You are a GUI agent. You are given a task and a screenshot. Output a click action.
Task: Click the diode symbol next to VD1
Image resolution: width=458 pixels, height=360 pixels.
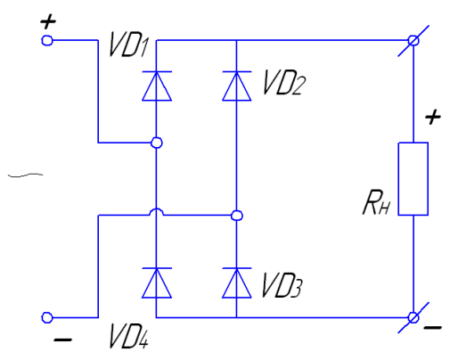157,86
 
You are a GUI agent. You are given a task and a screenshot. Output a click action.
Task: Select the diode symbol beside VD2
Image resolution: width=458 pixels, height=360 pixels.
237,86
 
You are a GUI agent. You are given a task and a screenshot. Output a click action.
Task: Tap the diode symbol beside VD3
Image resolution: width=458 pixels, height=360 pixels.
237,282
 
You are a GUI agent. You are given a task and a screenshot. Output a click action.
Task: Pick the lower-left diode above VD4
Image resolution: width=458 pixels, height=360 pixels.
157,282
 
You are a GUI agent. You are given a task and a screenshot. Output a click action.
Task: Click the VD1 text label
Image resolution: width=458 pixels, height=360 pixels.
128,45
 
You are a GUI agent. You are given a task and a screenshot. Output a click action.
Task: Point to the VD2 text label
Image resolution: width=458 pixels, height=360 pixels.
284,82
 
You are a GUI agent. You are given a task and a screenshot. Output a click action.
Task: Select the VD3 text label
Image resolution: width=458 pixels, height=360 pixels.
282,284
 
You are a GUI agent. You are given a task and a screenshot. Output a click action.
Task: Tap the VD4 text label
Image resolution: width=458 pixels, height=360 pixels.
128,336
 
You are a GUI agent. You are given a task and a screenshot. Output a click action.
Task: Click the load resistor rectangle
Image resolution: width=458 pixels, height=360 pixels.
413,178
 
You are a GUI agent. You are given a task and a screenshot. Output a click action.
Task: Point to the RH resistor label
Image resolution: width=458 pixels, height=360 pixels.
376,202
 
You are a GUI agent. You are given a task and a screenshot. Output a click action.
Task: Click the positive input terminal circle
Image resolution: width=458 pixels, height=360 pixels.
47,40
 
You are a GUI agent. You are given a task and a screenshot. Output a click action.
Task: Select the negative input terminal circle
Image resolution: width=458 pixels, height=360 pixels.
47,317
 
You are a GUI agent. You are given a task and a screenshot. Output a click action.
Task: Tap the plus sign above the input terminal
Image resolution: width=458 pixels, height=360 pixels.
48,22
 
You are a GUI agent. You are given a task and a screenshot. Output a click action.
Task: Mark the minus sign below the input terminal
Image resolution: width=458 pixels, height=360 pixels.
62,340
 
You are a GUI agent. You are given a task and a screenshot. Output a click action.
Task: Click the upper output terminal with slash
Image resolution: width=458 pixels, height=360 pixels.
413,40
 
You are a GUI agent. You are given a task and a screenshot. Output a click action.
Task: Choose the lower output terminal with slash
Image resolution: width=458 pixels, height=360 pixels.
413,317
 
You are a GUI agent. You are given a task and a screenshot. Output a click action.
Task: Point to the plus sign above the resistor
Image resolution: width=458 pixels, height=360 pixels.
433,117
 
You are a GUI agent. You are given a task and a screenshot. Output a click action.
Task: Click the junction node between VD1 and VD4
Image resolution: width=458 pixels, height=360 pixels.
157,143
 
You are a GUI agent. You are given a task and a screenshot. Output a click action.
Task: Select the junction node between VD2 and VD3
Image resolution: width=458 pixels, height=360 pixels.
237,216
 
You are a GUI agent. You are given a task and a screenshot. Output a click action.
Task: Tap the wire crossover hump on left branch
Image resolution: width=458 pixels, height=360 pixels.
157,209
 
